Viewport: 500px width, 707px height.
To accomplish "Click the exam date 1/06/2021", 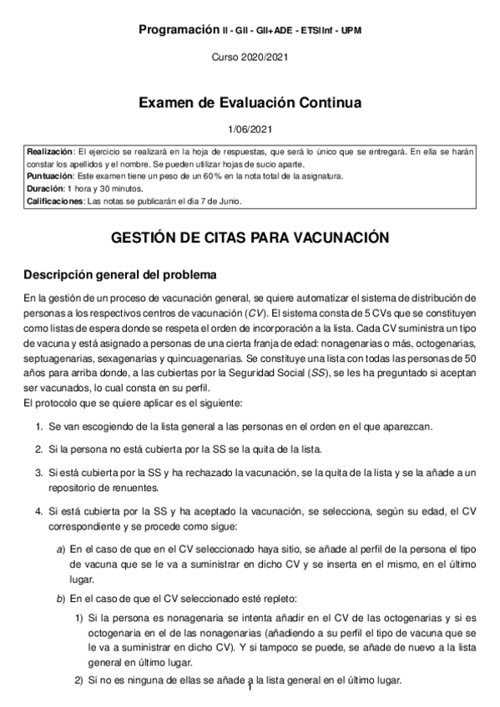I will tap(250, 129).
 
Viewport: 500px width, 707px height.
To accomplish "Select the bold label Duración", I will tap(45, 189).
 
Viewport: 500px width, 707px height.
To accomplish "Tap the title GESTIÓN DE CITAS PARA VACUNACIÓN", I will tap(250, 238).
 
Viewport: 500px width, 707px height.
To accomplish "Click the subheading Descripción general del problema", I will tap(120, 274).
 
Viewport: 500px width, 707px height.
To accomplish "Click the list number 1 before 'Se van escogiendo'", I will tap(38, 426).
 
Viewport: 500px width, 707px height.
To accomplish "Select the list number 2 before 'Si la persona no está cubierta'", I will tap(38, 449).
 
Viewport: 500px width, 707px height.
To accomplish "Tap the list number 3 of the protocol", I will tap(38, 472).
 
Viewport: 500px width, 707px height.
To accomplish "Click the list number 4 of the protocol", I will tap(38, 508).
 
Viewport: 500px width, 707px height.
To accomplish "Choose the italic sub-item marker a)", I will tap(60, 549).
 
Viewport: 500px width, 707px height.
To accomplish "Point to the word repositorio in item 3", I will tap(74, 486).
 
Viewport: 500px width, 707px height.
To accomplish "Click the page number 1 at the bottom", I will tap(250, 689).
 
